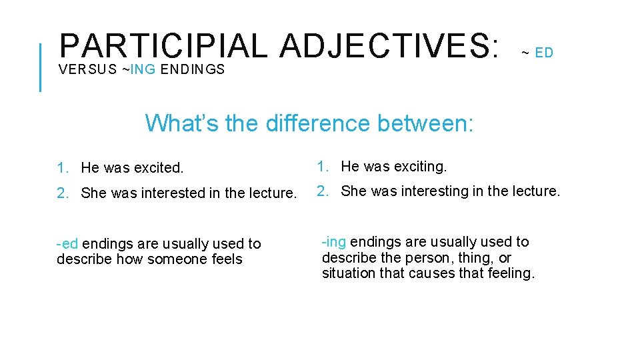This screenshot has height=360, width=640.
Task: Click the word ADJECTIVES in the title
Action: tap(389, 45)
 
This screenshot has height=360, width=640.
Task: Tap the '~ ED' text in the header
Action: tap(537, 53)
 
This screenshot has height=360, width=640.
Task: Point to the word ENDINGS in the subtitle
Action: tap(193, 69)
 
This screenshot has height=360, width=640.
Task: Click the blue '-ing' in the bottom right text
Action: tap(334, 242)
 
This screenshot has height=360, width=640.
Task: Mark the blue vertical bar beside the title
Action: tap(41, 67)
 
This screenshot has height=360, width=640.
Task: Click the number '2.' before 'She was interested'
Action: tap(63, 193)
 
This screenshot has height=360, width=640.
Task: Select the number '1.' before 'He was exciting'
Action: tap(323, 166)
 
